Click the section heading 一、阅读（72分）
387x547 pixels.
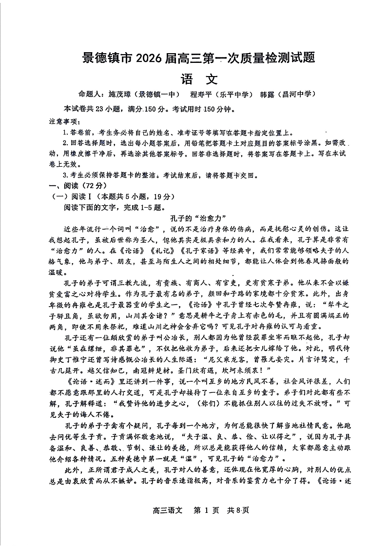[77, 186]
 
